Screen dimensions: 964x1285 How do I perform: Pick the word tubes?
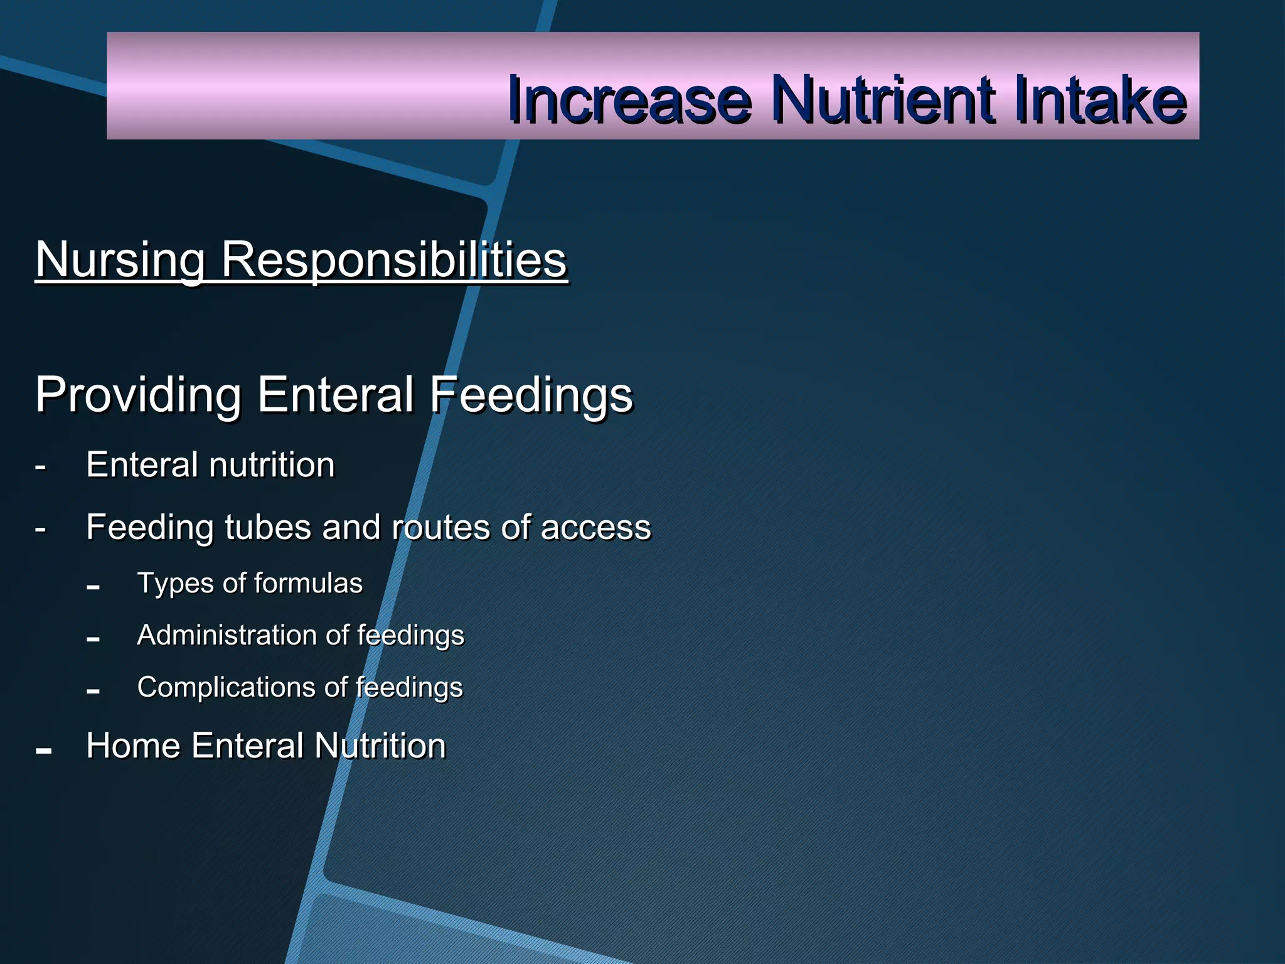coord(268,527)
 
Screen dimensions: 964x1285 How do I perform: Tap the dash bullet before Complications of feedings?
coord(93,692)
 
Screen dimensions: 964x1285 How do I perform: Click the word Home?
coord(133,746)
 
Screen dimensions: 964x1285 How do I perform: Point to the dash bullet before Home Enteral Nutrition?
coord(44,751)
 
